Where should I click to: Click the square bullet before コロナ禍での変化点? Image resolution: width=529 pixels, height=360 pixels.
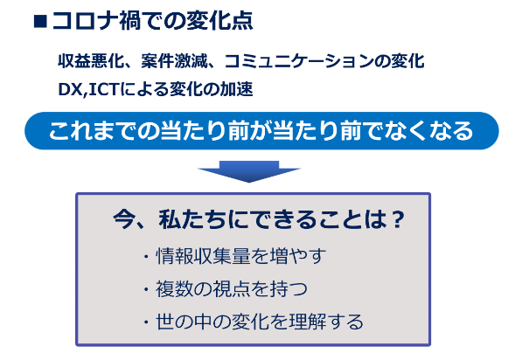click(40, 22)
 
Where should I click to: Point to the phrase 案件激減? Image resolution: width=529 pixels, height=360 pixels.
click(174, 61)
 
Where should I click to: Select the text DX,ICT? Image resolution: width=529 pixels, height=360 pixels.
click(88, 90)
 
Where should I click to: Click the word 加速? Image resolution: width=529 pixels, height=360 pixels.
click(236, 90)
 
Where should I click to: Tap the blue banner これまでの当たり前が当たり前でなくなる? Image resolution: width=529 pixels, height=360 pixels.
click(261, 131)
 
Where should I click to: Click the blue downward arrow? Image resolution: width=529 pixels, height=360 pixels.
click(249, 171)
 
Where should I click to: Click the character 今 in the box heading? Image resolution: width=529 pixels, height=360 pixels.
click(124, 219)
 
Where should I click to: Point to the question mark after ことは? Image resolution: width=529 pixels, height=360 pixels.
click(399, 219)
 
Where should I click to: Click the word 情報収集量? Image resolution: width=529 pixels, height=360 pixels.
click(203, 256)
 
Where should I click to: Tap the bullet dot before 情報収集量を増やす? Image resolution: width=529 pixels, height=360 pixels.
click(146, 257)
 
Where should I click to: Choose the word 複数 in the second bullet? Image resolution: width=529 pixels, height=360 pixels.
click(174, 289)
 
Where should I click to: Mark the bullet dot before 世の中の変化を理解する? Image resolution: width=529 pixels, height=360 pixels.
click(146, 322)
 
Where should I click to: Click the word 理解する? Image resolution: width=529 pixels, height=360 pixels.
click(328, 322)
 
